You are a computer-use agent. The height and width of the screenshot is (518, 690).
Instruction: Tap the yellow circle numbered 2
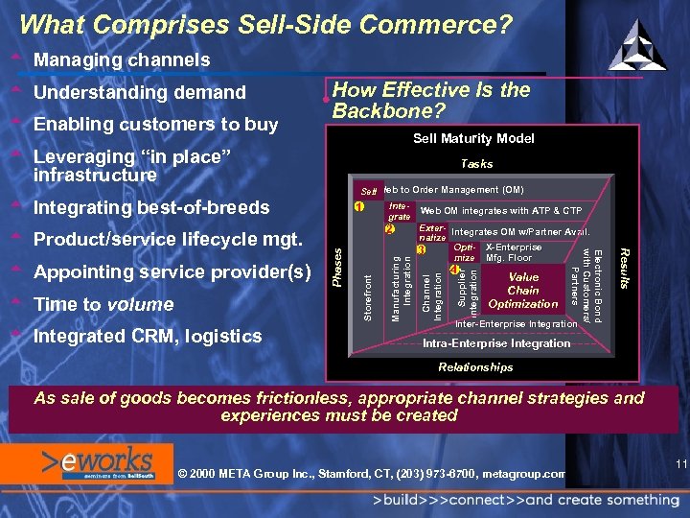click(x=389, y=229)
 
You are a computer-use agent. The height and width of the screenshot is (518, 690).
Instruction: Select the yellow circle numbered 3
click(x=421, y=250)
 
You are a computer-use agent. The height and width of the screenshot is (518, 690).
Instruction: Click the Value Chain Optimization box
click(x=523, y=290)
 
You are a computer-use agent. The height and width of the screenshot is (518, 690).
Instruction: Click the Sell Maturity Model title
click(x=473, y=139)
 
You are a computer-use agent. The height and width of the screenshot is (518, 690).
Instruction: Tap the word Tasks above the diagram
click(x=476, y=164)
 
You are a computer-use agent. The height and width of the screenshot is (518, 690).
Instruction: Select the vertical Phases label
click(x=337, y=265)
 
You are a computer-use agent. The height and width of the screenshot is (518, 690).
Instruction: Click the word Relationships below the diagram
click(x=475, y=367)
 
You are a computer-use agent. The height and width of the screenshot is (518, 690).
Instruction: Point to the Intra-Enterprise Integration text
click(x=496, y=343)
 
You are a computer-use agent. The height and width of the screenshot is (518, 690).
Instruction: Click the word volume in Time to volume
click(x=141, y=304)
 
